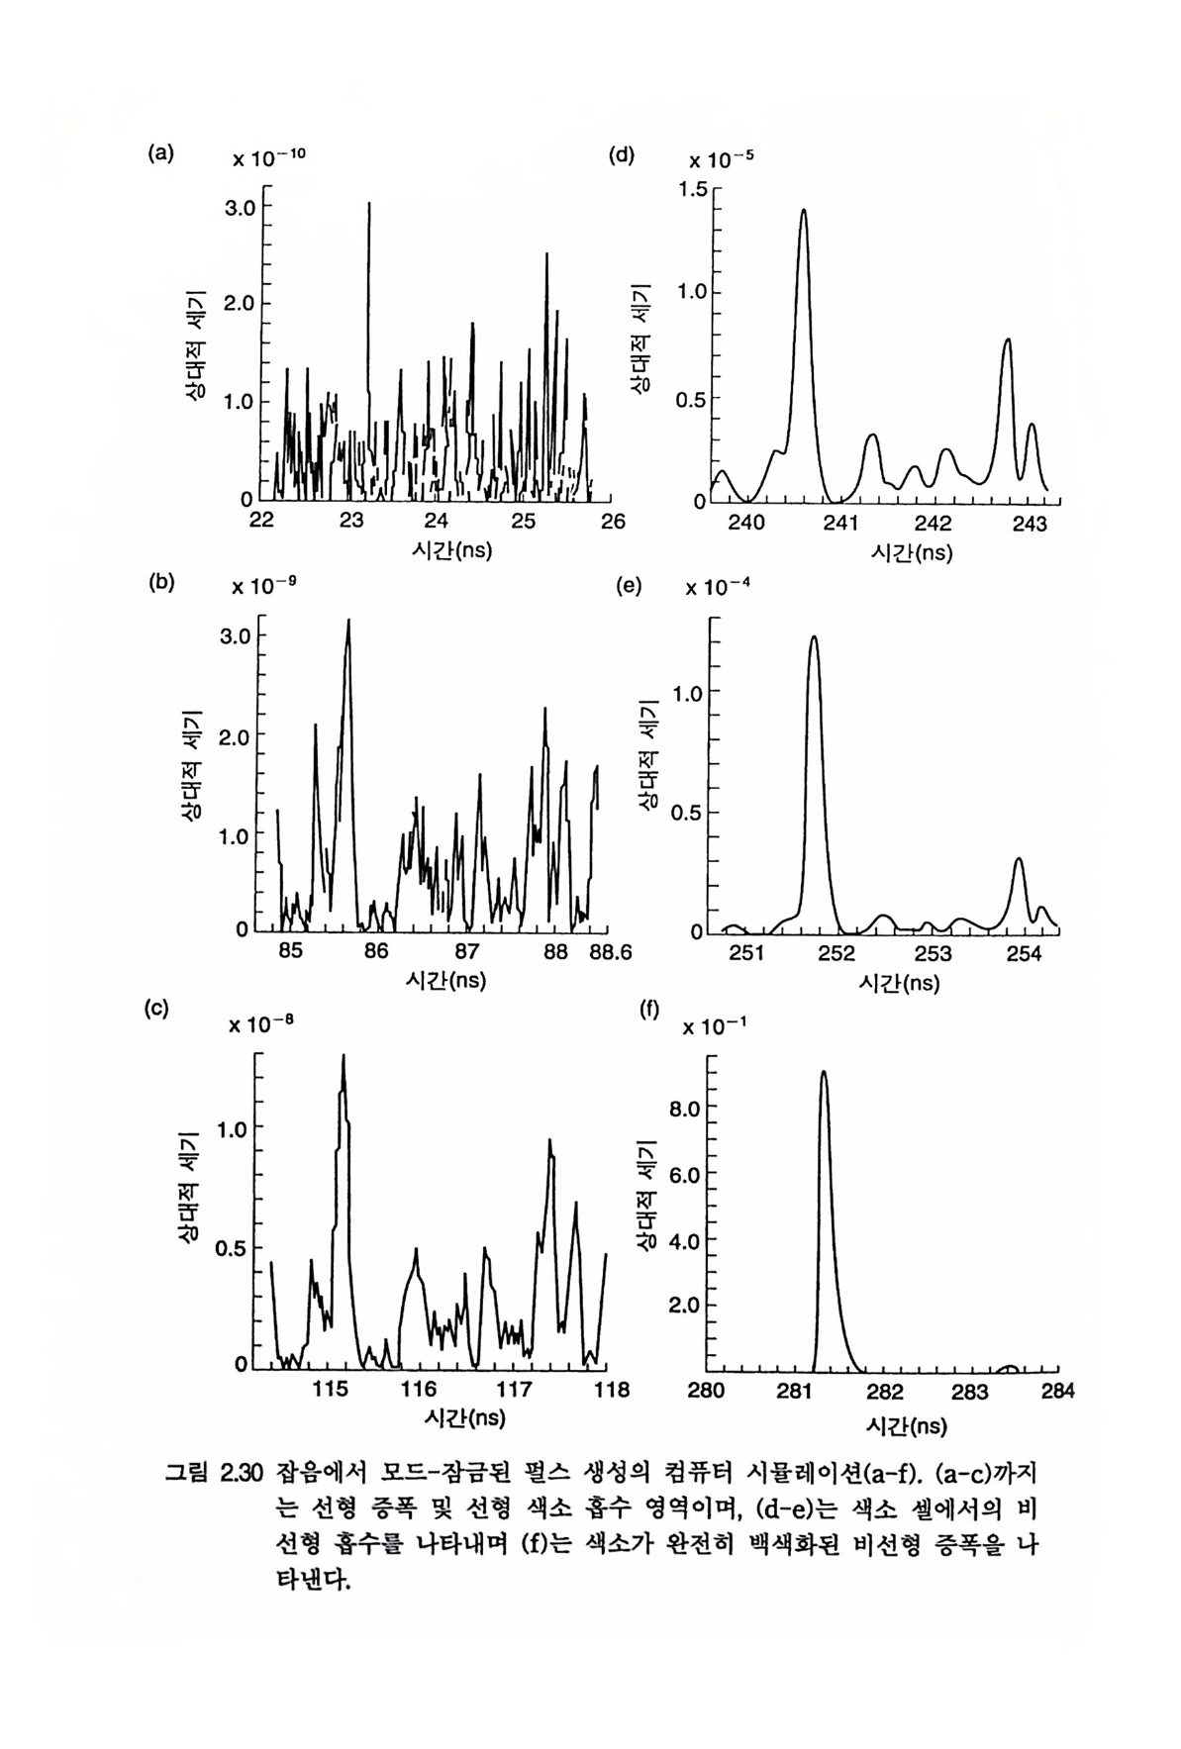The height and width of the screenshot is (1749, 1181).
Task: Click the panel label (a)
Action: [160, 152]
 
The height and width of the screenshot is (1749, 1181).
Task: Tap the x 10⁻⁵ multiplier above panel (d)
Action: [721, 158]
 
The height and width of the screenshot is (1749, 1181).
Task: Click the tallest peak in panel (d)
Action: [803, 212]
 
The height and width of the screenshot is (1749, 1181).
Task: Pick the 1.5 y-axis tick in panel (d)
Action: [694, 189]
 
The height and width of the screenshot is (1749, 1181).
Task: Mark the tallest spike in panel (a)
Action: [369, 204]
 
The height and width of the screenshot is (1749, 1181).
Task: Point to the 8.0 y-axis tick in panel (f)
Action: [685, 1109]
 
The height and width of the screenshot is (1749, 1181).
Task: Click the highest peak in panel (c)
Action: [344, 1057]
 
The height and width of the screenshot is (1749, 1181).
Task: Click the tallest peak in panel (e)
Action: [814, 638]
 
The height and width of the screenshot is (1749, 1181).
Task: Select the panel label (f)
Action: [649, 1011]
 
